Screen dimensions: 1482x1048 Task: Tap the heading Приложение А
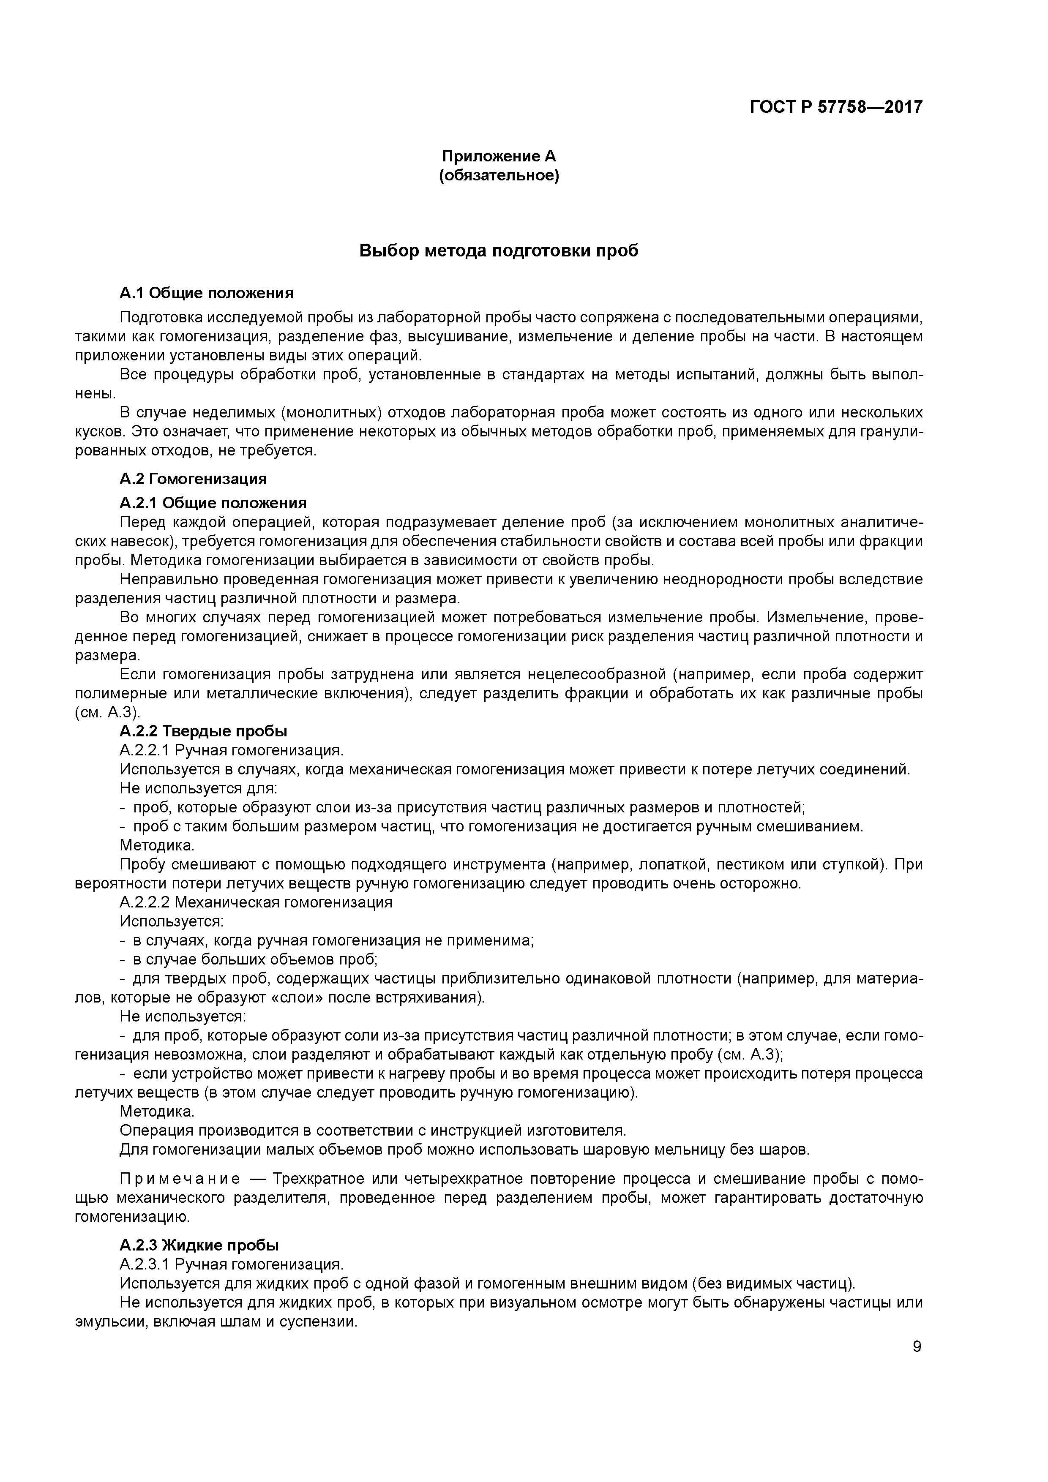[499, 156]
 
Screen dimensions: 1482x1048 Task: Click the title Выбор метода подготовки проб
[499, 251]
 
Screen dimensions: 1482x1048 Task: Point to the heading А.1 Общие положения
[207, 293]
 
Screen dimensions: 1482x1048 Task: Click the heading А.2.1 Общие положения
[213, 502]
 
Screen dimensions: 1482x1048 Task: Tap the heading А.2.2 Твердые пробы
[203, 731]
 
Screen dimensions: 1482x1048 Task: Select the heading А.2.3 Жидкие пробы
[199, 1245]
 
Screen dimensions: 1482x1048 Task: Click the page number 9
[917, 1346]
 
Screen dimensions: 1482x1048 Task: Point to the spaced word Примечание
[180, 1179]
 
